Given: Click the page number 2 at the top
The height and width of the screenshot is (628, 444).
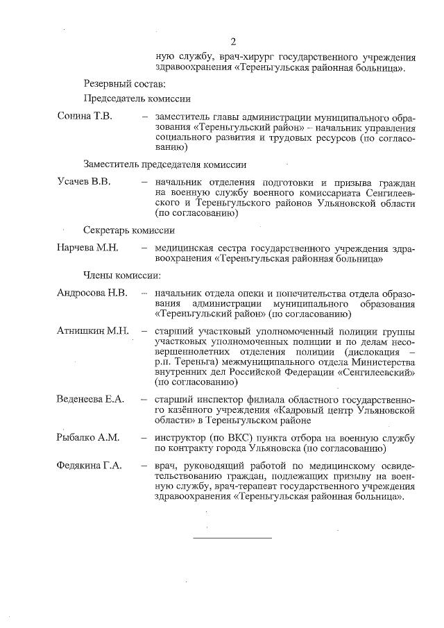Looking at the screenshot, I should [x=233, y=40].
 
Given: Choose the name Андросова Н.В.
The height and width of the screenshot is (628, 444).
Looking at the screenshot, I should [x=92, y=292].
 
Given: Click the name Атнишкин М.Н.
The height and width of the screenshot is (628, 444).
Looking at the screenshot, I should [x=93, y=330].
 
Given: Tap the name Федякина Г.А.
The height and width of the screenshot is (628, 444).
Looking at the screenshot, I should [x=89, y=465].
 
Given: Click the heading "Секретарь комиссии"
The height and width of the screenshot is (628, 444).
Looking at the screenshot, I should [x=129, y=230].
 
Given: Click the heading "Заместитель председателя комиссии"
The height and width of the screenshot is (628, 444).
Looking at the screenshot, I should [x=165, y=164].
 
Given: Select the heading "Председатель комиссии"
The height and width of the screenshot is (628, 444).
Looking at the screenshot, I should [x=137, y=99].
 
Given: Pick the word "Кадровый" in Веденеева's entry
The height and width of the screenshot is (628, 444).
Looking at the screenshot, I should [x=296, y=409].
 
